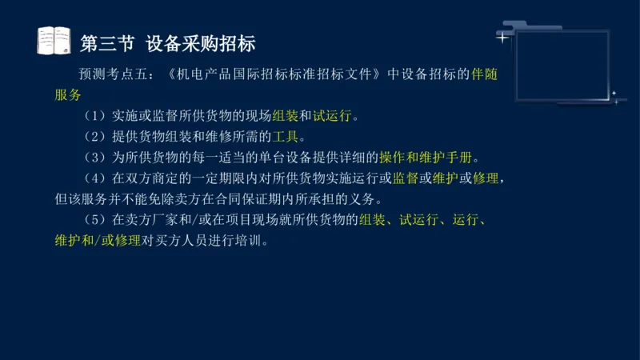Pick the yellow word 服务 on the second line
point(68,95)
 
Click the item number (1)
point(94,116)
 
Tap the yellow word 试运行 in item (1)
point(333,116)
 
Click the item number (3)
point(94,157)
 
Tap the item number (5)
point(94,219)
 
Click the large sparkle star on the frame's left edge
point(502,37)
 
